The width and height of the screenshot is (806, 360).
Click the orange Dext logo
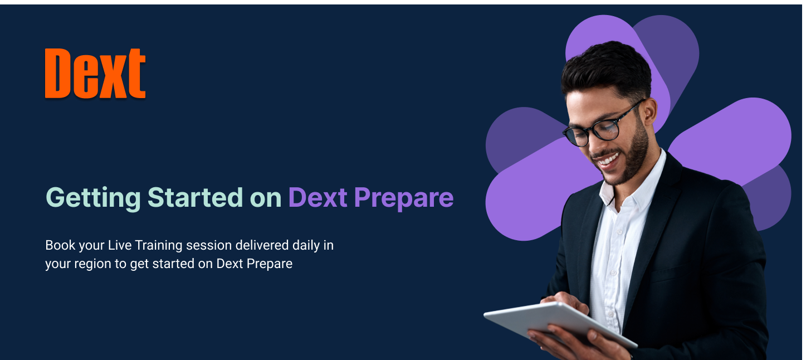point(95,74)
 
